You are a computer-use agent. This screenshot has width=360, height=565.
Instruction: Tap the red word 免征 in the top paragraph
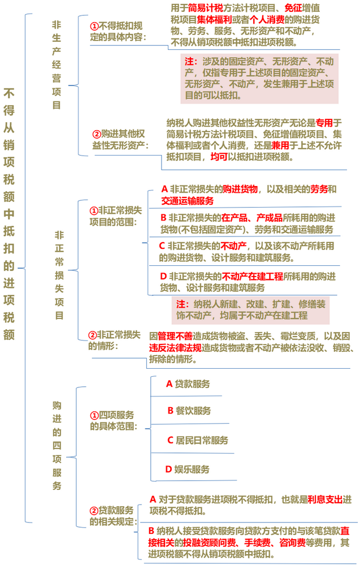click(x=293, y=8)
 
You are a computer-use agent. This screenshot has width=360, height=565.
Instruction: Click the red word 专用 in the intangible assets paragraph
click(x=324, y=123)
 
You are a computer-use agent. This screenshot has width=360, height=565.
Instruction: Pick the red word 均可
click(x=219, y=157)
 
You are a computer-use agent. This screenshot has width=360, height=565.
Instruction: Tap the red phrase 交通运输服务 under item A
click(x=187, y=201)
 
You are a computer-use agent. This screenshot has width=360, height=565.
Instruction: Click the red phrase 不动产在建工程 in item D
click(x=253, y=277)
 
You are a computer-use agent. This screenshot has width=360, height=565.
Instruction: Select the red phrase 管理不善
click(x=175, y=336)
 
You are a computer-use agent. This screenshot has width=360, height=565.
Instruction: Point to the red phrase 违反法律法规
click(x=175, y=348)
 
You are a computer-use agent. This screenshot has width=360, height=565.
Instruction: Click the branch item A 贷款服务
click(x=188, y=384)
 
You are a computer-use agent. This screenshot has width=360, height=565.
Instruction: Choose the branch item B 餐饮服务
click(x=189, y=411)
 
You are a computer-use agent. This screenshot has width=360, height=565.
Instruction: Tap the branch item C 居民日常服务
click(x=198, y=441)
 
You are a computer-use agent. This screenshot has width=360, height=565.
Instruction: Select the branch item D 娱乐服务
click(x=188, y=469)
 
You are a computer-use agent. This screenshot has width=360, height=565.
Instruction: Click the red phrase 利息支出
click(x=325, y=499)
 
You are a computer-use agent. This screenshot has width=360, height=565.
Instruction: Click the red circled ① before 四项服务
click(x=94, y=416)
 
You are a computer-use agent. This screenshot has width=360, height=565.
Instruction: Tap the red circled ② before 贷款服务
click(x=94, y=511)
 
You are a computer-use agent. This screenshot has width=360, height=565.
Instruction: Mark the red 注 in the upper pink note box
click(x=189, y=62)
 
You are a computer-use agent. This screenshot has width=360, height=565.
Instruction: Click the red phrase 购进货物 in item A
click(x=240, y=189)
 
